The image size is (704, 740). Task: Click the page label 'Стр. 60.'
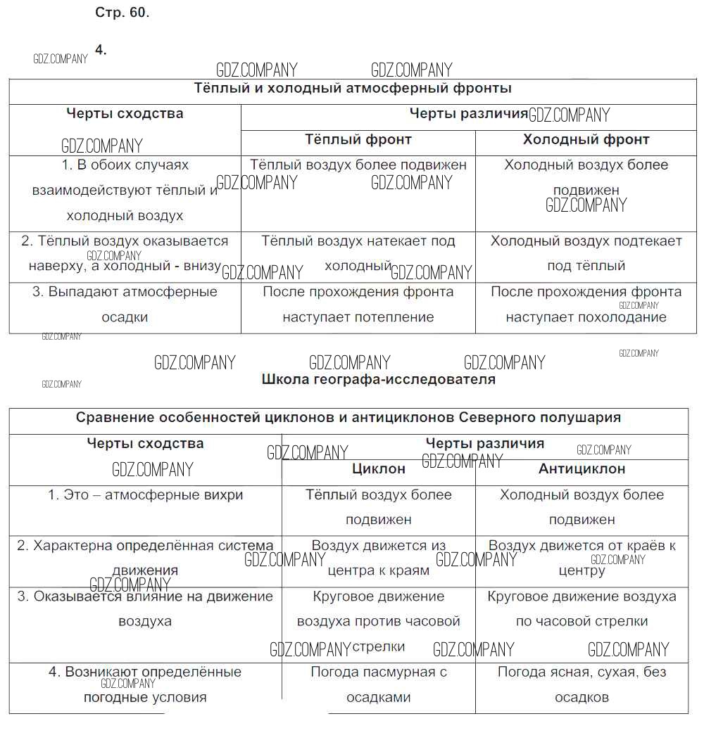122,13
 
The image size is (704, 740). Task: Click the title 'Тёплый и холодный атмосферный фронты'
352,89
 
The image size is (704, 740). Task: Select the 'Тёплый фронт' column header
358,139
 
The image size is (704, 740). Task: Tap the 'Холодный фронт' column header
586,139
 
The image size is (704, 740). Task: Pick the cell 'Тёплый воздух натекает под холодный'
358,253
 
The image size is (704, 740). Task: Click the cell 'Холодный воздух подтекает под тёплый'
586,253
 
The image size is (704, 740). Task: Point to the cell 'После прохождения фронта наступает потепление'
358,305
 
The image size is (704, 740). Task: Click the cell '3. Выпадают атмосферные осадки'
125,305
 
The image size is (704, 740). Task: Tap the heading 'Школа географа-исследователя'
378,380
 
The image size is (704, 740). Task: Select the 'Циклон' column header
379,468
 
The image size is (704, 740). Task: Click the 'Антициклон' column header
582,468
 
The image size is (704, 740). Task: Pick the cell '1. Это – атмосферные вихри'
145,495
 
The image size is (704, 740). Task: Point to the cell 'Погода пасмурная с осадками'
379,684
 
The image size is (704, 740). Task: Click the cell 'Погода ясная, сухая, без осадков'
582,684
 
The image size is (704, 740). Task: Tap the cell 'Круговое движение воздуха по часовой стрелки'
582,608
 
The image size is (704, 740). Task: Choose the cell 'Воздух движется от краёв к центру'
582,558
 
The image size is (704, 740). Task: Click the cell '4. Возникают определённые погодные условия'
145,684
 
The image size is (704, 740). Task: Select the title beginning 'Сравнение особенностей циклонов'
348,418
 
